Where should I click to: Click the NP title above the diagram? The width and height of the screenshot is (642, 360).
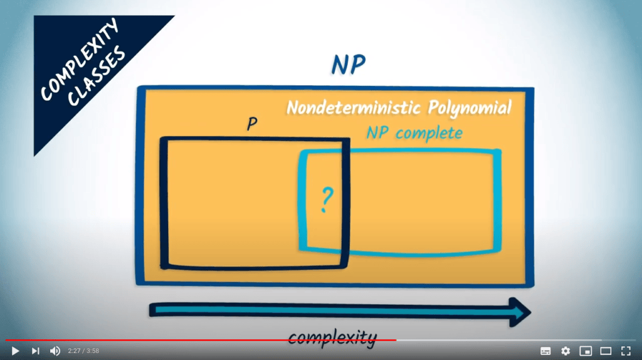click(x=348, y=65)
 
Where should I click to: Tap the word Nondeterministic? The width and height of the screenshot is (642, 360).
click(x=354, y=107)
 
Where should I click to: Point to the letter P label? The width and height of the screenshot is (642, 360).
click(x=252, y=124)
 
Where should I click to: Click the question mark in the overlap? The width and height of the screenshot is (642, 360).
click(x=325, y=199)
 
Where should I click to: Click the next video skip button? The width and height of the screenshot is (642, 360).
click(x=35, y=351)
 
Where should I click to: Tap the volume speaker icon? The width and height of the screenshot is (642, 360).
click(x=55, y=351)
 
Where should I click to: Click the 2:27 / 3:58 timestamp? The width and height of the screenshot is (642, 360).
click(x=83, y=351)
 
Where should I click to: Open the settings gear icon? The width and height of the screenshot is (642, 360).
click(x=566, y=351)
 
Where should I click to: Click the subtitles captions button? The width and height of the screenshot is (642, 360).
click(x=545, y=351)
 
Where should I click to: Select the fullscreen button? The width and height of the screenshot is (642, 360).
click(x=626, y=351)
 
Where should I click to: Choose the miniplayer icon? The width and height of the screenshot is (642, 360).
click(x=586, y=351)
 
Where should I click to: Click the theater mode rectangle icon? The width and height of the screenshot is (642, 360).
click(x=606, y=351)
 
